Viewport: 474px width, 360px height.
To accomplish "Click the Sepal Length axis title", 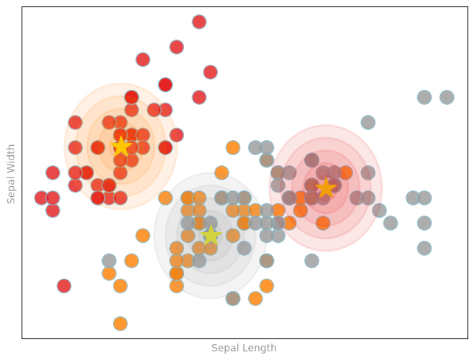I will [244, 349].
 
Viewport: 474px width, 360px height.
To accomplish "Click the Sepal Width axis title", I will [12, 173].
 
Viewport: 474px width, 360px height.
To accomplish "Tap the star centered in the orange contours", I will [122, 147].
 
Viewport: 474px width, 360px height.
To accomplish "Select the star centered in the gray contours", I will [211, 235].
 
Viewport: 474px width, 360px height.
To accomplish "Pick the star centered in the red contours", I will [326, 188].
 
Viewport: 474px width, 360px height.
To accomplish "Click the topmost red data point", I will [199, 22].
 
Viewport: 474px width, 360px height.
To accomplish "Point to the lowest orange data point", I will [120, 323].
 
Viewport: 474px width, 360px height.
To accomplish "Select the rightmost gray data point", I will [447, 97].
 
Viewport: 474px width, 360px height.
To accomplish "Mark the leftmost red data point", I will [42, 198].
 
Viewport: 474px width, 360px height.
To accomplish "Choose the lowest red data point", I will [64, 286].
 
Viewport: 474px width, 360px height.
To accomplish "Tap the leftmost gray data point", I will [109, 260].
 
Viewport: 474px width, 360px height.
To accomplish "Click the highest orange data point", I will [232, 147].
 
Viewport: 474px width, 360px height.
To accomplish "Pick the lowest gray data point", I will [232, 298].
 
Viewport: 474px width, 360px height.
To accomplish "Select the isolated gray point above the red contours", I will [368, 122].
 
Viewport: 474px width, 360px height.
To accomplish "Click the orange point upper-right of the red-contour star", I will [345, 172].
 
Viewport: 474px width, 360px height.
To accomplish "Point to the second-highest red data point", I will [176, 47].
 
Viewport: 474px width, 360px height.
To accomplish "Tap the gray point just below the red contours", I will [311, 260].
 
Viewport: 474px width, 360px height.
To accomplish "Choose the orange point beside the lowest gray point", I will [255, 298].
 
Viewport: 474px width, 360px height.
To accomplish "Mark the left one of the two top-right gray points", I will [424, 97].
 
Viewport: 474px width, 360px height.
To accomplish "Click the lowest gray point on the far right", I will [424, 248].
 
